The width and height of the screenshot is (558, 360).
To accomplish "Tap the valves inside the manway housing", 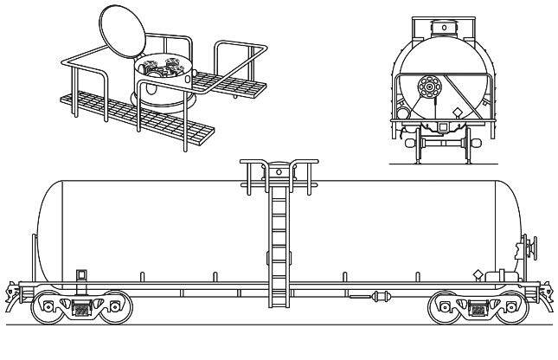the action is pos(164,67).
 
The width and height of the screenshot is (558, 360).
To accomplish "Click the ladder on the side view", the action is pos(278,247).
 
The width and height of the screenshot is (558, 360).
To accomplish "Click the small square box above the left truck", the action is pos(82,274).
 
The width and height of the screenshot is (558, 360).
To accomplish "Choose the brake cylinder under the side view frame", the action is pos(378,297).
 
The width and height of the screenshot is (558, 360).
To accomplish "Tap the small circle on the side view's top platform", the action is pos(279,173).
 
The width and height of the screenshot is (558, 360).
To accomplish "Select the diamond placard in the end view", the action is pos(458,112).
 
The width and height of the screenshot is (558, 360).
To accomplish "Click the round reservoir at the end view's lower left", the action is pos(404,112).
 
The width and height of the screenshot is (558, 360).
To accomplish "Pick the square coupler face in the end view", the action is pos(442,128).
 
